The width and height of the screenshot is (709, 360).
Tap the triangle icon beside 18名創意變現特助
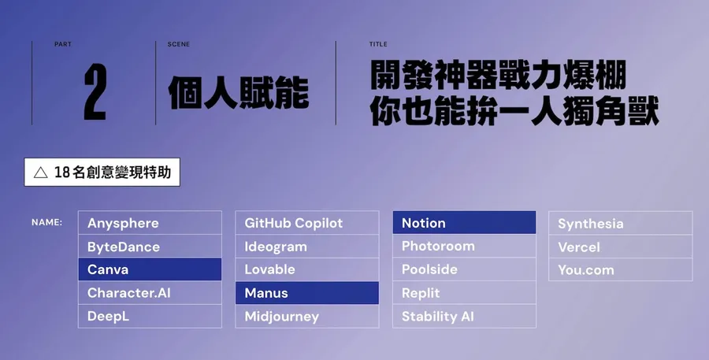(x=39, y=173)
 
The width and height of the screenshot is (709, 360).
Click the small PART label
(x=62, y=44)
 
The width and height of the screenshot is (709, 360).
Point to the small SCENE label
(x=178, y=44)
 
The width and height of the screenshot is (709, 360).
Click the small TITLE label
(x=378, y=44)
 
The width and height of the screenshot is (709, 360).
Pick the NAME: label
(x=46, y=222)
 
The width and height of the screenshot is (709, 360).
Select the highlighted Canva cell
(x=150, y=269)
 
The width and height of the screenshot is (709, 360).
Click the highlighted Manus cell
(x=307, y=293)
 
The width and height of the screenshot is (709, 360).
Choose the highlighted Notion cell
(x=464, y=223)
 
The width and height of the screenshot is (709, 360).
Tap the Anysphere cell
(x=150, y=223)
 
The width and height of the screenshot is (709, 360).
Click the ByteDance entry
(x=150, y=247)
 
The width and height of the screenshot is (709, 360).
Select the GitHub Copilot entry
(x=307, y=223)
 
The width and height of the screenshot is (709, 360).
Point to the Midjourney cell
(x=307, y=317)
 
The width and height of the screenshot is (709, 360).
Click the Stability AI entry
(x=464, y=317)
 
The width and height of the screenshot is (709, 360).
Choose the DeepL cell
(x=150, y=317)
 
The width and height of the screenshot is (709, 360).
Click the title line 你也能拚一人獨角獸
(x=514, y=112)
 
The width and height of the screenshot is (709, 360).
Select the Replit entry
(x=464, y=293)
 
